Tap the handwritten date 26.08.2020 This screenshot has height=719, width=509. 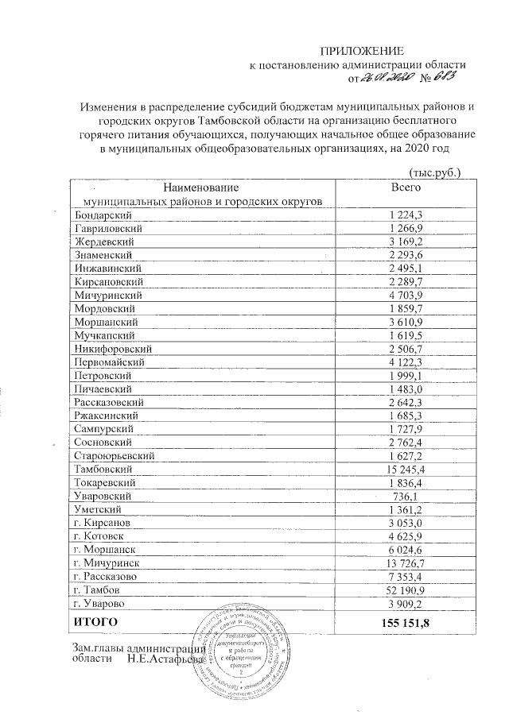(386, 78)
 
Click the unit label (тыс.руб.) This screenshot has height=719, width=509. (434, 171)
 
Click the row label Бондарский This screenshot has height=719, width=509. (103, 215)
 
